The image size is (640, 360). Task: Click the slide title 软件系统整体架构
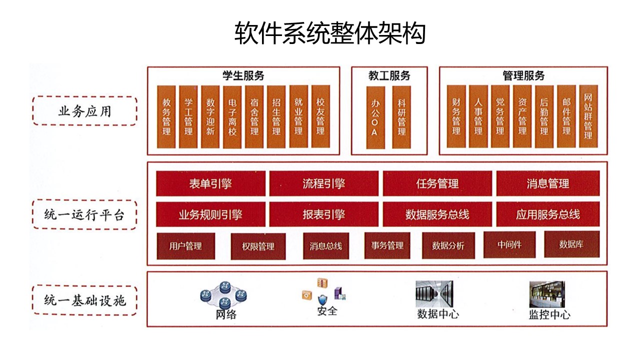(330, 33)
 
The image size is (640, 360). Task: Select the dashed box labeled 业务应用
(84, 111)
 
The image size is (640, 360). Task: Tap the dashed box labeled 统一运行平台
(84, 215)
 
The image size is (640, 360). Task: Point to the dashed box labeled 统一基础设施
(84, 300)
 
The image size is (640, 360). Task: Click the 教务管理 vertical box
(166, 117)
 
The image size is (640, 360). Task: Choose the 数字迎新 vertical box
(210, 117)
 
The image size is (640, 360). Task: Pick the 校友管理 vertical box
(320, 117)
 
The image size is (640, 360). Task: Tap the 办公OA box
(375, 117)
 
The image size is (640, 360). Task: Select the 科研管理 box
(401, 117)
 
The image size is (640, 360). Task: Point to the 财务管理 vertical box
(456, 117)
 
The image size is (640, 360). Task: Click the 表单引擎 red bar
(210, 183)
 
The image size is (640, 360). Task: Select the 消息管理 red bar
(547, 183)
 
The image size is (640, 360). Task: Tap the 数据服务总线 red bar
(437, 214)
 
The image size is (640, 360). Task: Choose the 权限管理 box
(258, 246)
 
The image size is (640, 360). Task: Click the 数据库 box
(571, 244)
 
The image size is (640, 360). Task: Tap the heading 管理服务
(523, 76)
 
